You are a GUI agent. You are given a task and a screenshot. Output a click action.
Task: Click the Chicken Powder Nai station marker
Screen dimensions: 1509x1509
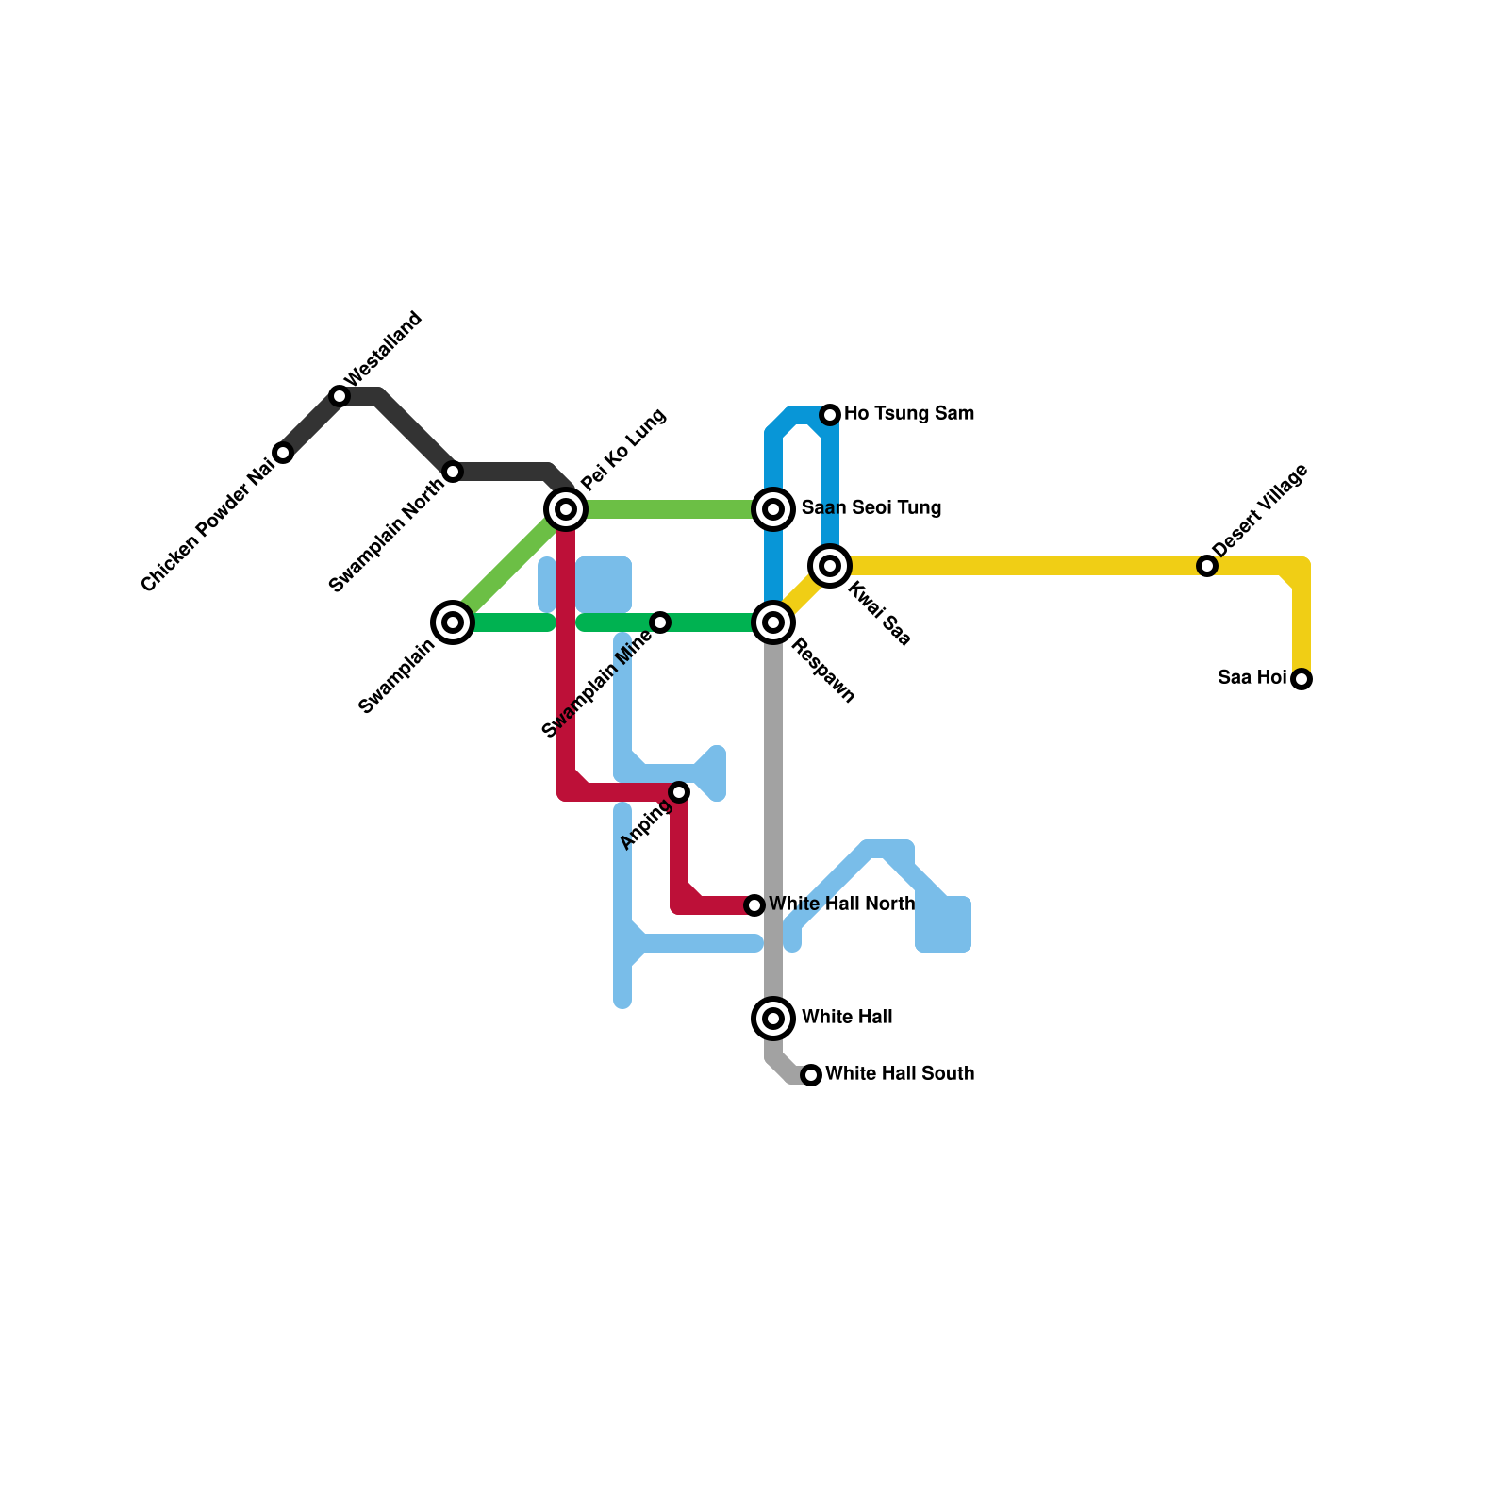[283, 453]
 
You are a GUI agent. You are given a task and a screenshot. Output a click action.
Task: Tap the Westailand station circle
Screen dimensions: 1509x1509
[340, 396]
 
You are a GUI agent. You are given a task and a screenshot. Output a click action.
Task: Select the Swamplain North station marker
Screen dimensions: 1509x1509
[453, 472]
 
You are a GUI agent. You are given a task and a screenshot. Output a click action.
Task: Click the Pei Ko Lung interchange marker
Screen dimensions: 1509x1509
[566, 509]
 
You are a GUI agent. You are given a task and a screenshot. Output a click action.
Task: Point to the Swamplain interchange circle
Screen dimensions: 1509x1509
[453, 622]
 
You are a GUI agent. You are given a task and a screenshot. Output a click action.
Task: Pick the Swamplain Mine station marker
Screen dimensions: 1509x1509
[660, 622]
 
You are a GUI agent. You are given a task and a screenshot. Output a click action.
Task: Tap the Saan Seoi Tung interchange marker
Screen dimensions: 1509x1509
[773, 509]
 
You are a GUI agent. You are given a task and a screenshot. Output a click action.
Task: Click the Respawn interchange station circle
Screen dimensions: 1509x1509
[773, 622]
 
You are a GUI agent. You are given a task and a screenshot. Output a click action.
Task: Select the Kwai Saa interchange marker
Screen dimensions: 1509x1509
[830, 566]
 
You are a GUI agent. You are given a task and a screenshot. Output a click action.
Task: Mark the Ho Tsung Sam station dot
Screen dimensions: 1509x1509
[830, 415]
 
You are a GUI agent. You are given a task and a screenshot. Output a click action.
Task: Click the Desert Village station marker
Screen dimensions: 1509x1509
[1207, 566]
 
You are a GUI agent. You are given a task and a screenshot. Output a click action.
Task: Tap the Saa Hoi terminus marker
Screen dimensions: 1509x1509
[1302, 679]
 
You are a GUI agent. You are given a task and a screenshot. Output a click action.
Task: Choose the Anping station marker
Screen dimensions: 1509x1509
[679, 792]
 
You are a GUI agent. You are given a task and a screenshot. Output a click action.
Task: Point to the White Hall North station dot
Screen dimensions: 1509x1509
[754, 905]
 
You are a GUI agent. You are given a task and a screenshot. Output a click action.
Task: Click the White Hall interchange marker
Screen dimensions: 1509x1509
[773, 1019]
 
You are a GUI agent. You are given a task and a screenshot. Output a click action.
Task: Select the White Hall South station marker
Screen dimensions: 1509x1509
[811, 1075]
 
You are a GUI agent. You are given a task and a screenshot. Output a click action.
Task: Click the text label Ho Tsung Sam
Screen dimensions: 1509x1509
[909, 414]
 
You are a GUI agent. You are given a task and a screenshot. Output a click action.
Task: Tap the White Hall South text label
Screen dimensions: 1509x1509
[900, 1074]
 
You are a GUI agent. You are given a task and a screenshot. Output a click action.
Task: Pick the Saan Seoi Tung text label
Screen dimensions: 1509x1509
[871, 508]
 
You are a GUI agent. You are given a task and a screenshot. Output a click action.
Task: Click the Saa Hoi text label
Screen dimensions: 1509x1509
[1252, 678]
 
